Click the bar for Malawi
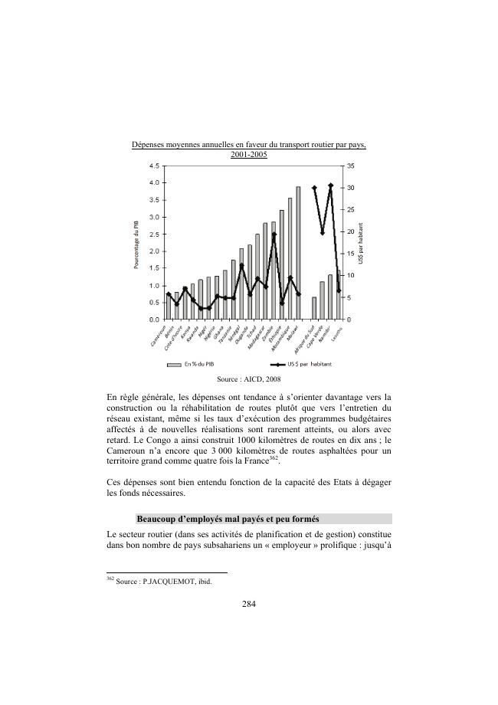pos(298,253)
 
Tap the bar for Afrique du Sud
pos(314,307)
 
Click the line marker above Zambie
pos(274,234)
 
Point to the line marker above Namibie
pos(330,185)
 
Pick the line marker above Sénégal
pos(241,265)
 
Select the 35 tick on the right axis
pos(350,166)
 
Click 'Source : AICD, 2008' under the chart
pos(249,379)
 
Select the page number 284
pos(249,603)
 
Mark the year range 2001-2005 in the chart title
pos(249,154)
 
